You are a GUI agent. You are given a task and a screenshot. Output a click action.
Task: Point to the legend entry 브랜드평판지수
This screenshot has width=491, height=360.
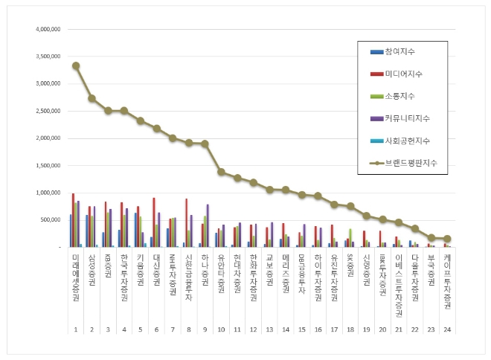(408, 163)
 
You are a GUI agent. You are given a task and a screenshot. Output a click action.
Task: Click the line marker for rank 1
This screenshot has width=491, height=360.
(76, 65)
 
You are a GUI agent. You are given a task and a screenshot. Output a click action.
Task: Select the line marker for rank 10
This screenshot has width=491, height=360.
(221, 172)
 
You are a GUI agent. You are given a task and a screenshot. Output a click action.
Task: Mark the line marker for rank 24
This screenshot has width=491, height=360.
(447, 239)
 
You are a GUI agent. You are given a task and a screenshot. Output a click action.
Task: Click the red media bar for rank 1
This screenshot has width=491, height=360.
(74, 220)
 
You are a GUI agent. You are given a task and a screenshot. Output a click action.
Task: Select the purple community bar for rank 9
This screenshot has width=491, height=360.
(208, 225)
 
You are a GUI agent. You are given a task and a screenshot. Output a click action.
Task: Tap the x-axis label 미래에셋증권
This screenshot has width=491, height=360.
(76, 275)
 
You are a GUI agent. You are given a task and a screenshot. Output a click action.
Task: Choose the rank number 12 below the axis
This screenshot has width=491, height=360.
(254, 308)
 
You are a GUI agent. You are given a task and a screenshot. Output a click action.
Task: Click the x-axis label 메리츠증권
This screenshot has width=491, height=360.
(286, 270)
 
